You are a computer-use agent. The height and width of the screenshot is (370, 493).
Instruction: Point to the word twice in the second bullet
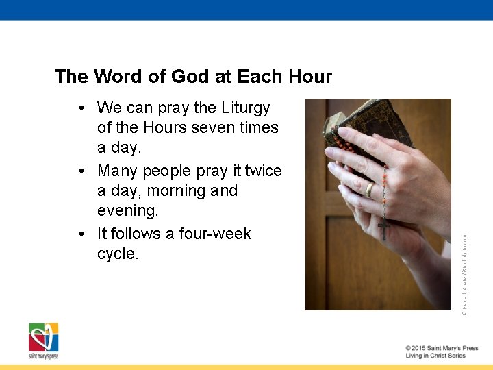(263, 171)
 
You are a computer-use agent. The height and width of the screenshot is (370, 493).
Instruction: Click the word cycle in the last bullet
(117, 254)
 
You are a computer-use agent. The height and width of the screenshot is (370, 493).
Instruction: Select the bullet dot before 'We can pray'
(81, 108)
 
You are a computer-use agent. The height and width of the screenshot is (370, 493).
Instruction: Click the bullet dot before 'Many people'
(81, 171)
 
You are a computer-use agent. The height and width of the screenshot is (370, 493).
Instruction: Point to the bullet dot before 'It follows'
(81, 234)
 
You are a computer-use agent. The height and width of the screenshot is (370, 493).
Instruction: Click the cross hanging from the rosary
(384, 228)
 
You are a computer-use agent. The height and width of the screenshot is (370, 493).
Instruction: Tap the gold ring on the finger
(369, 190)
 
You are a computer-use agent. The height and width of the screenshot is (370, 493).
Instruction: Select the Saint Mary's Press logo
(43, 341)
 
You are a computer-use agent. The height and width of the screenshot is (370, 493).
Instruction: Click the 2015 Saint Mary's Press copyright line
(442, 348)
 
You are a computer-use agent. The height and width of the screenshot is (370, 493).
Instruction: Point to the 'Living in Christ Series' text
(435, 356)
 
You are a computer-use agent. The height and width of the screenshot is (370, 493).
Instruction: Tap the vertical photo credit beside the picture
(464, 274)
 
